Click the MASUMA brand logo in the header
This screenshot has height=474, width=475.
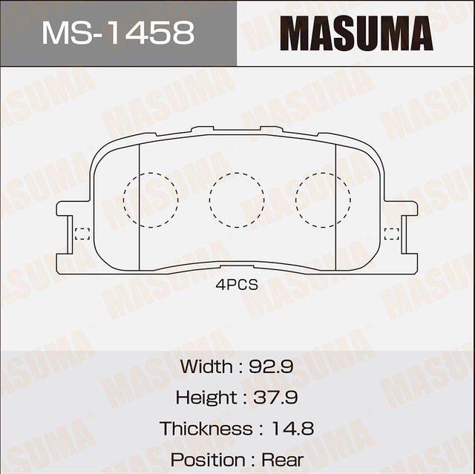pyautogui.click(x=356, y=33)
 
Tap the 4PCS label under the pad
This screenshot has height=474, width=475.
pyautogui.click(x=237, y=285)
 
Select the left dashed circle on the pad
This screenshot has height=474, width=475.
pyautogui.click(x=151, y=199)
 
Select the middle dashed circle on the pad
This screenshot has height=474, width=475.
pyautogui.click(x=237, y=199)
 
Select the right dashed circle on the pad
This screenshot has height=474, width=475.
pyautogui.click(x=323, y=199)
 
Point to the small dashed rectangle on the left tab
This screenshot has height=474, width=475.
pyautogui.click(x=82, y=234)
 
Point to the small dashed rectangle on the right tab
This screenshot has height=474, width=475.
pyautogui.click(x=391, y=234)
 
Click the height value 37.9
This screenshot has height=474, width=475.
pyautogui.click(x=275, y=397)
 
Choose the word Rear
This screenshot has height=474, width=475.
pyautogui.click(x=284, y=459)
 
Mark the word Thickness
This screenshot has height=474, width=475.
pyautogui.click(x=206, y=428)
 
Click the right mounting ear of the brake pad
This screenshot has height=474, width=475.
pyautogui.click(x=405, y=223)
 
